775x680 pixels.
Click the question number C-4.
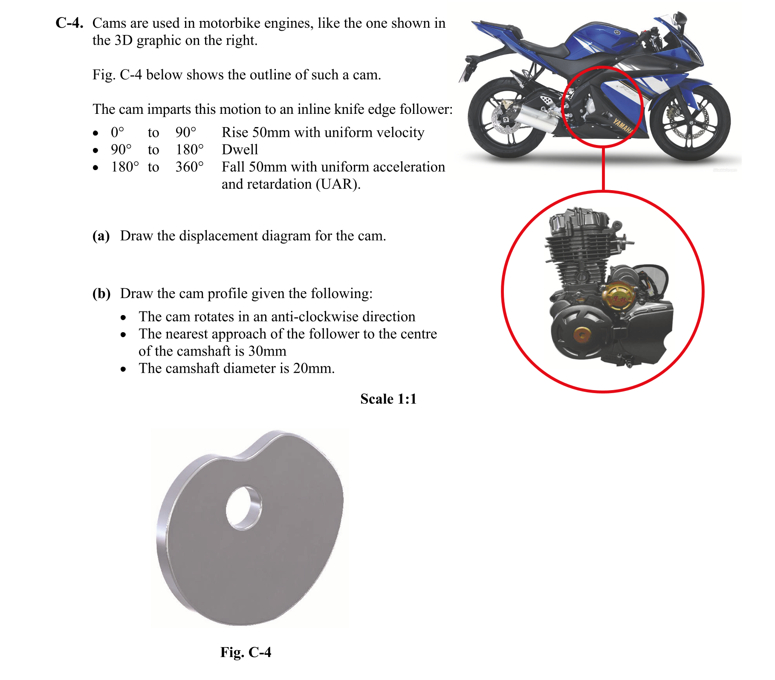69,23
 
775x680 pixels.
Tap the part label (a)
101,236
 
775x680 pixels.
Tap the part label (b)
101,293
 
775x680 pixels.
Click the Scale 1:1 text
388,399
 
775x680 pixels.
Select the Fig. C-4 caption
246,652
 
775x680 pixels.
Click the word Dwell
240,150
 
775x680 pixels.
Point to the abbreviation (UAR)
338,184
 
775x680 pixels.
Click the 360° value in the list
189,167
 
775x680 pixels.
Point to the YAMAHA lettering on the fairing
623,126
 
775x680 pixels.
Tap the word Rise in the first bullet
235,133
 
